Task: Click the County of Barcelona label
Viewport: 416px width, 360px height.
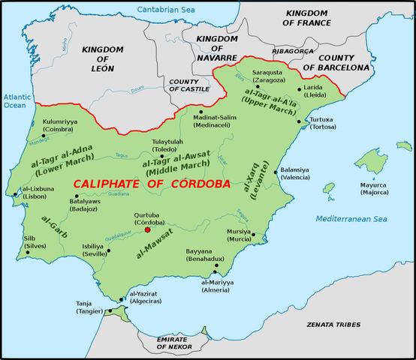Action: coord(344,62)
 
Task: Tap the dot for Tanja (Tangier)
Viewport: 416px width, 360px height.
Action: coord(110,310)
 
